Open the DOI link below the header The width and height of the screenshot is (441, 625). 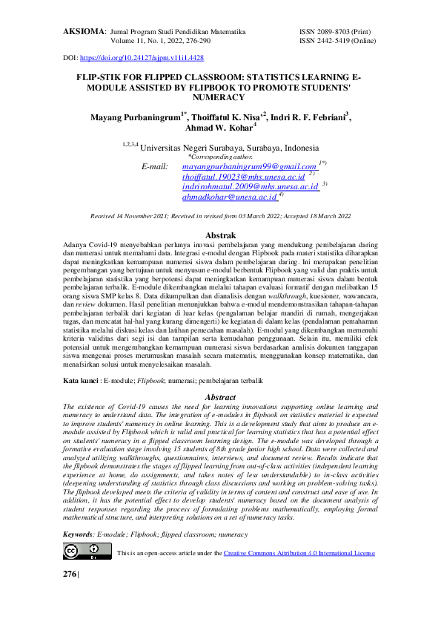tap(142, 58)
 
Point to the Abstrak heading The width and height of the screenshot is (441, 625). tap(220, 235)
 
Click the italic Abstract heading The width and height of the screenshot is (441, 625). tap(219, 398)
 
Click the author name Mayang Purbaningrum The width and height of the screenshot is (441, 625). tap(136, 118)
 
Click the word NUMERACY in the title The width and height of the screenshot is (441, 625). tap(219, 97)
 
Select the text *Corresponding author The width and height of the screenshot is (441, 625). tap(220, 157)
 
